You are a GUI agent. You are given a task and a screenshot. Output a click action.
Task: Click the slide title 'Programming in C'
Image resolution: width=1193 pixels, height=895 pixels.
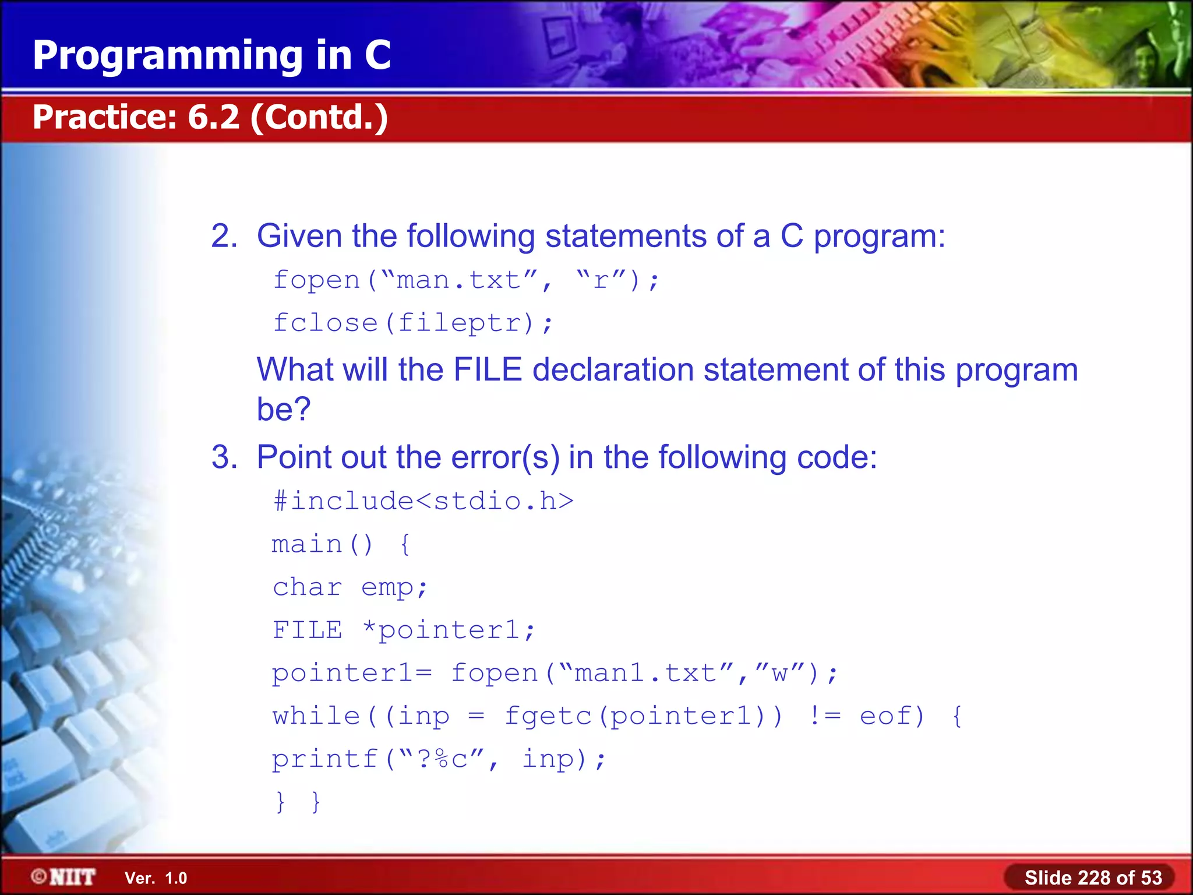click(211, 55)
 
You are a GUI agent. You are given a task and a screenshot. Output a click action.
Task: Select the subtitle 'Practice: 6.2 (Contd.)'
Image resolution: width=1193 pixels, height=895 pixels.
click(210, 117)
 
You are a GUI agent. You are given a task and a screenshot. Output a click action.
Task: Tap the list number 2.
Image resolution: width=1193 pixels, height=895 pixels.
click(224, 237)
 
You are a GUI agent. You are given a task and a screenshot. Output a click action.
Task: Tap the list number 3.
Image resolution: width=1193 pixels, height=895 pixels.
click(224, 457)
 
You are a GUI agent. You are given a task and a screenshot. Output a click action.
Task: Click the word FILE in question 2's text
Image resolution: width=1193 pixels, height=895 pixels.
click(487, 370)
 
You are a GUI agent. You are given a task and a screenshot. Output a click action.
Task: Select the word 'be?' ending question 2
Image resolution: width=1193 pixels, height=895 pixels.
click(284, 409)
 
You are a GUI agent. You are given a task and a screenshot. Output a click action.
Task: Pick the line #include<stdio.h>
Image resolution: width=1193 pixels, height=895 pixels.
click(423, 501)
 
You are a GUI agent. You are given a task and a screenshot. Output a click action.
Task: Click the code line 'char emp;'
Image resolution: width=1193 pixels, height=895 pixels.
click(350, 587)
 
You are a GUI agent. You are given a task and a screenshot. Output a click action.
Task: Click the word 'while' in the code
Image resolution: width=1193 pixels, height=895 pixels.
click(316, 716)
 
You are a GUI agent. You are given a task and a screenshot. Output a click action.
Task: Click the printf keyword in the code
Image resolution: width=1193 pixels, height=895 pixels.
click(324, 759)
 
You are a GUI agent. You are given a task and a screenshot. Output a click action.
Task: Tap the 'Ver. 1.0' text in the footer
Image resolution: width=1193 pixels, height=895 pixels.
click(156, 878)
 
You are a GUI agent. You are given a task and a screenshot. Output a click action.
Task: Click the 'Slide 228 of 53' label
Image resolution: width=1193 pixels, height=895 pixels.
click(1093, 878)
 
